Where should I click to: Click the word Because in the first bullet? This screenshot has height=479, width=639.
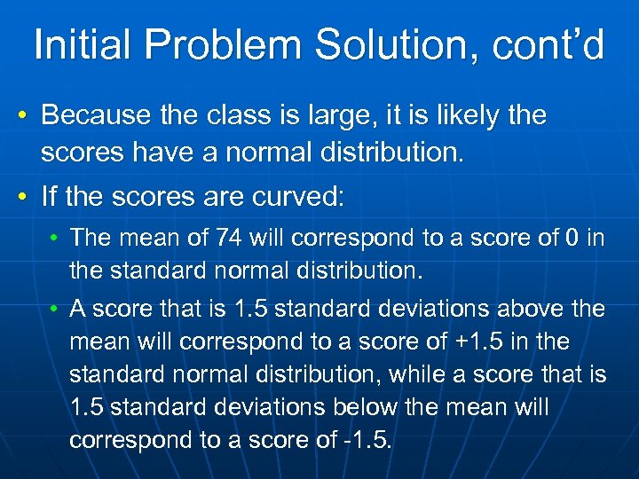(94, 115)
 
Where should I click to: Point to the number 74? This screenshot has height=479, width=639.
(232, 238)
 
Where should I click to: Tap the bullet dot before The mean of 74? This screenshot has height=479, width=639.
(56, 239)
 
